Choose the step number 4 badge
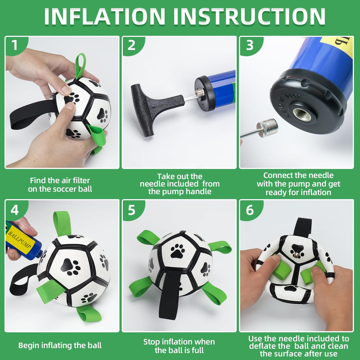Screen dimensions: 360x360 tap(14, 210)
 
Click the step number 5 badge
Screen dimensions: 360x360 tap(131, 210)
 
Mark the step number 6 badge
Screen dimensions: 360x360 tap(249, 210)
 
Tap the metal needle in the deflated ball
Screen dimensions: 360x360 tap(296, 255)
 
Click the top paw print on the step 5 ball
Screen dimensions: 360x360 tap(177, 251)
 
